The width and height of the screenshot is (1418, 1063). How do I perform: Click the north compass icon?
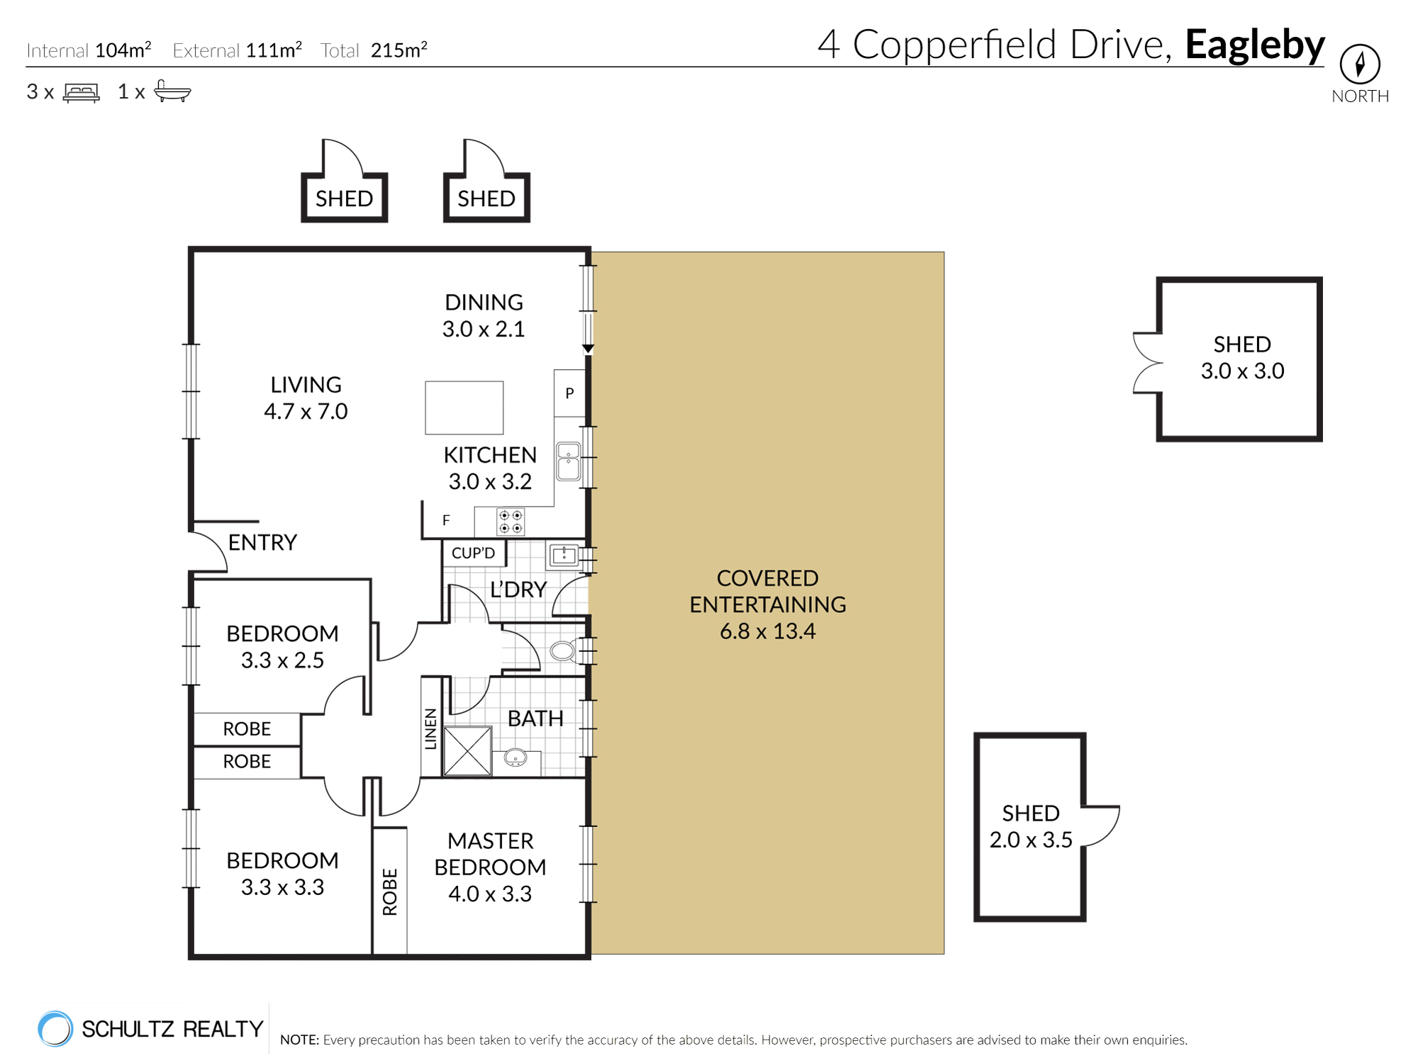pos(1359,64)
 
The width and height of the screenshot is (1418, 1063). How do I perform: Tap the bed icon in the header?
pos(82,93)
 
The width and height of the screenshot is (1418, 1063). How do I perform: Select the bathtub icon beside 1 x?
pos(172,91)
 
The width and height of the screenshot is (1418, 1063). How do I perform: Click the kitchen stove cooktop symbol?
pos(510,522)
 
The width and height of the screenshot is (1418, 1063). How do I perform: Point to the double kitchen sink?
pos(568,461)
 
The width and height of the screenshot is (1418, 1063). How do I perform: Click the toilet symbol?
pos(563,651)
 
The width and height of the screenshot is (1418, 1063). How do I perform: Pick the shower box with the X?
pos(467,751)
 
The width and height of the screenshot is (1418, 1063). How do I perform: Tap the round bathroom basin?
pos(515,758)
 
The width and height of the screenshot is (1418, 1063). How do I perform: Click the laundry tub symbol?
pos(564,555)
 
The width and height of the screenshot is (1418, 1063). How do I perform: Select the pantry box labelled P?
pos(569,393)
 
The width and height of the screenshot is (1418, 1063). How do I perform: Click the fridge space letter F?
pos(446,521)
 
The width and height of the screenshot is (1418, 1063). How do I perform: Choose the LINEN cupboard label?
pos(430,729)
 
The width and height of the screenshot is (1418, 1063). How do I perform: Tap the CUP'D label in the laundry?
pos(473,553)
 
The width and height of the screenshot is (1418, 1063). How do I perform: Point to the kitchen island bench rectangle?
pos(464,407)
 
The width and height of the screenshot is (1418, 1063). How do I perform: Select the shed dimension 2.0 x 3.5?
pos(1030,840)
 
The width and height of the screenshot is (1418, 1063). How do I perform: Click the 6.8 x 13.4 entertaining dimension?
pos(767,631)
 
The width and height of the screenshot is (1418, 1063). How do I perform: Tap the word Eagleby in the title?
pos(1254,45)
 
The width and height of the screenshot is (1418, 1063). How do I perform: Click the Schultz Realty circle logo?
pos(55,1028)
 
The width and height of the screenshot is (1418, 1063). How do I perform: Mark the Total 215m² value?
pos(398,50)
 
